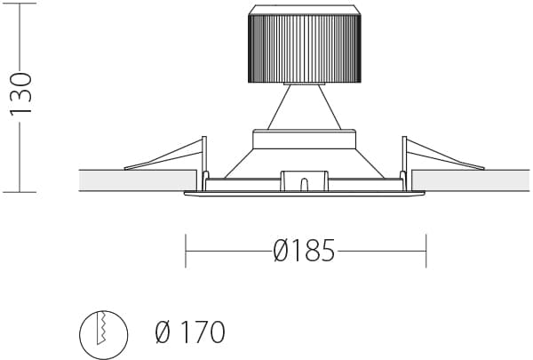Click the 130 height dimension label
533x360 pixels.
coord(21,93)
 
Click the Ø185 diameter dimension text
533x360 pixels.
coord(304,251)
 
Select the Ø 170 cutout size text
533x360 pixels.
coord(190,332)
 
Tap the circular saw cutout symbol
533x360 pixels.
coord(104,335)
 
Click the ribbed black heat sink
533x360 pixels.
coord(305,49)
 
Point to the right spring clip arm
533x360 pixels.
coord(445,156)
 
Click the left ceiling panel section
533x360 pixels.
coord(138,180)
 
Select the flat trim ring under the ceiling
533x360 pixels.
coord(305,194)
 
